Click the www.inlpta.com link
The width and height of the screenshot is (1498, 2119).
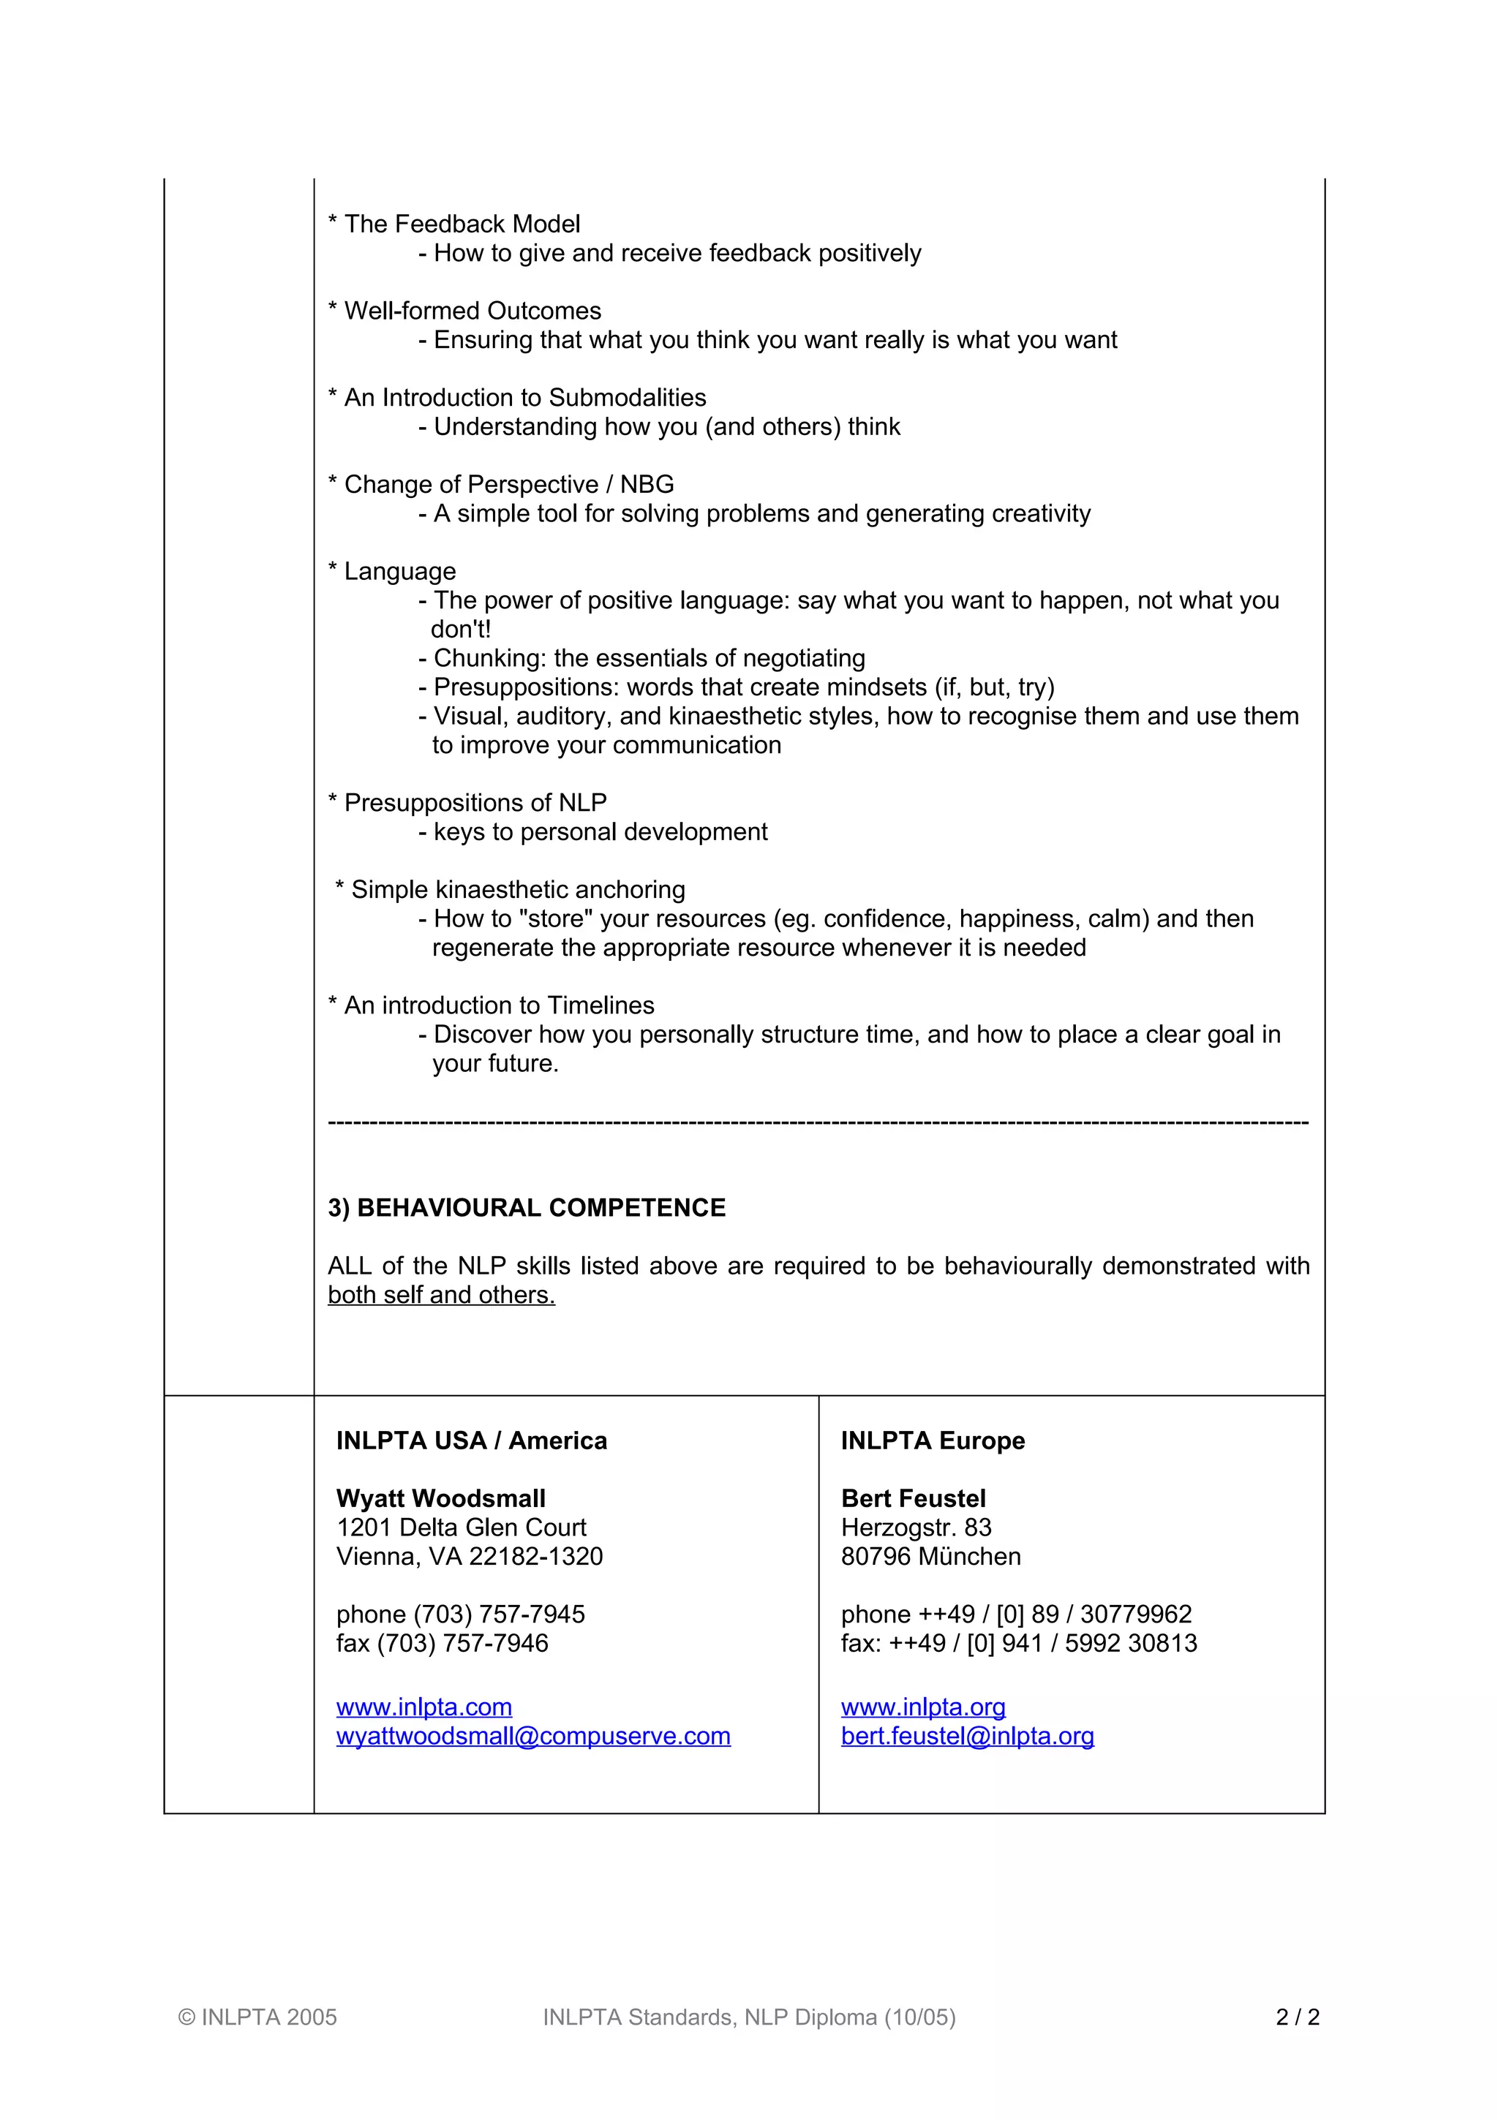pyautogui.click(x=424, y=1707)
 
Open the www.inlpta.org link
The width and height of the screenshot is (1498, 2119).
pyautogui.click(x=923, y=1707)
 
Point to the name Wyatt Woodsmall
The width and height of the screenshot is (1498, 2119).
pyautogui.click(x=440, y=1498)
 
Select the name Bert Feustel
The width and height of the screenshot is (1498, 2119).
pyautogui.click(x=913, y=1498)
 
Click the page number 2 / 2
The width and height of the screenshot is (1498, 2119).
pyautogui.click(x=1298, y=2017)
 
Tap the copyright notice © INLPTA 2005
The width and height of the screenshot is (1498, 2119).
pyautogui.click(x=257, y=2017)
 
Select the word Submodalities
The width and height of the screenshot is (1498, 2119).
pyautogui.click(x=627, y=398)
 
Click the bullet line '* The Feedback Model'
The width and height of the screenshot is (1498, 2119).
pyautogui.click(x=454, y=224)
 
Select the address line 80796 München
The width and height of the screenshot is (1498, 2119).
pyautogui.click(x=930, y=1556)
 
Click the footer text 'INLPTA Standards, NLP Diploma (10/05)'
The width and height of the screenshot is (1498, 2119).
pyautogui.click(x=748, y=2017)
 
